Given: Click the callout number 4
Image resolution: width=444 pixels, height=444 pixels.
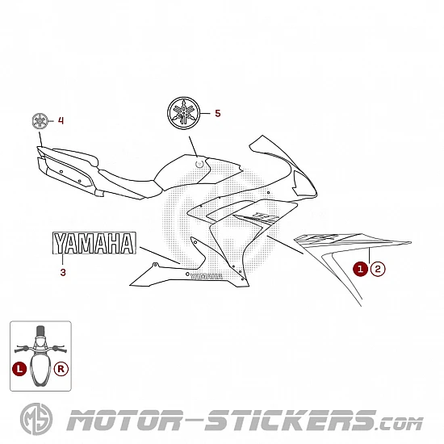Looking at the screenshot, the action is (x=61, y=120).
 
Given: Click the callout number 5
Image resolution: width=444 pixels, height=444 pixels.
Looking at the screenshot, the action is (x=217, y=113).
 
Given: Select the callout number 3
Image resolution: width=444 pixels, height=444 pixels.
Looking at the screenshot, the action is (x=63, y=272).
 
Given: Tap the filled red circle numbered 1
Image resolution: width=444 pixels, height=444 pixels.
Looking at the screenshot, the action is (x=360, y=269).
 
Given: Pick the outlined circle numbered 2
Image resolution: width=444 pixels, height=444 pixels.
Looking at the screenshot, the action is (x=378, y=269).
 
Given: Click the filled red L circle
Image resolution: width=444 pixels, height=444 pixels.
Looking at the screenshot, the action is (x=19, y=369).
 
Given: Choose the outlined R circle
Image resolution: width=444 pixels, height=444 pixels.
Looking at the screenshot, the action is (x=61, y=369).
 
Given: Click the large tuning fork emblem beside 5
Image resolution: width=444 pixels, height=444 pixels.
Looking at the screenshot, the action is (x=184, y=113).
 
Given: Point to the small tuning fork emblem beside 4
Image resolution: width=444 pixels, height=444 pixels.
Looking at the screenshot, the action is (x=40, y=121).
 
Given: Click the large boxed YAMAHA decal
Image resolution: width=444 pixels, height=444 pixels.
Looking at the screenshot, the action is (x=94, y=243).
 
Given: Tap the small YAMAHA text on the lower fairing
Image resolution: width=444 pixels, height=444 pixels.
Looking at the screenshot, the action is (x=206, y=276).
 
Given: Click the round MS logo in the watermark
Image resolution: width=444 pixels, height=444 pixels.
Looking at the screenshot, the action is (x=36, y=419).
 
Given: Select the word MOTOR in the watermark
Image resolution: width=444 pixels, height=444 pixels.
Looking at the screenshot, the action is (x=125, y=421).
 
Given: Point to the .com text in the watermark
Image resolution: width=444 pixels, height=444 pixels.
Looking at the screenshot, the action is (x=400, y=424).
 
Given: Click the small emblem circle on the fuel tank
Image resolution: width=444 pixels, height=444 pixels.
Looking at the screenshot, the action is (x=199, y=163).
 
